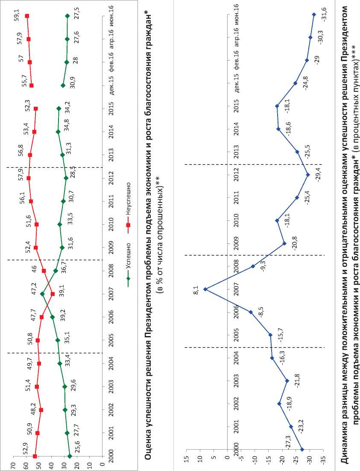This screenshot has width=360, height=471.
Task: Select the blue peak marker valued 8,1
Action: pos(205,289)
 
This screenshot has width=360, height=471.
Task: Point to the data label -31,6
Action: pos(324,16)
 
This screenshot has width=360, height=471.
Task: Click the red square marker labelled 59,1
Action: pos(27,16)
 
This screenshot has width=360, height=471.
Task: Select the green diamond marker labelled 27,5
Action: pos(67,16)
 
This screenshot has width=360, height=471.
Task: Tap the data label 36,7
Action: pos(65,268)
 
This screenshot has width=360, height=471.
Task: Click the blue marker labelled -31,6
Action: pos(314,15)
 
